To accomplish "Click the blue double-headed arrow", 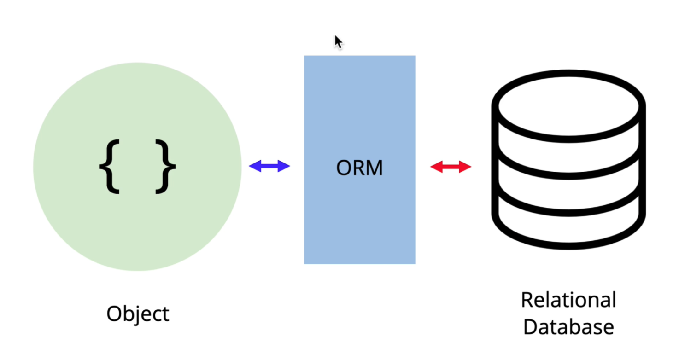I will coord(269,167).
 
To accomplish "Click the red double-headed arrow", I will coord(451,167).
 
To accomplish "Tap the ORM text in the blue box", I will coord(359,168).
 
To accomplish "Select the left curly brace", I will coord(109,166).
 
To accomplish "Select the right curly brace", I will coord(165,166).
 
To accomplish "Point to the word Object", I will coord(138,314).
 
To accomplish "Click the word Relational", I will coord(568,300).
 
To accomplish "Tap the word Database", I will coord(568,327).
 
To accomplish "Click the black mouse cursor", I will coord(338,42).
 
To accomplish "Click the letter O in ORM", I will coord(343,168).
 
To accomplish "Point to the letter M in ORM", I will coord(374,168).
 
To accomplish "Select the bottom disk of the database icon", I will coord(568,228).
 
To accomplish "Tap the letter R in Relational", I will coord(527,300).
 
